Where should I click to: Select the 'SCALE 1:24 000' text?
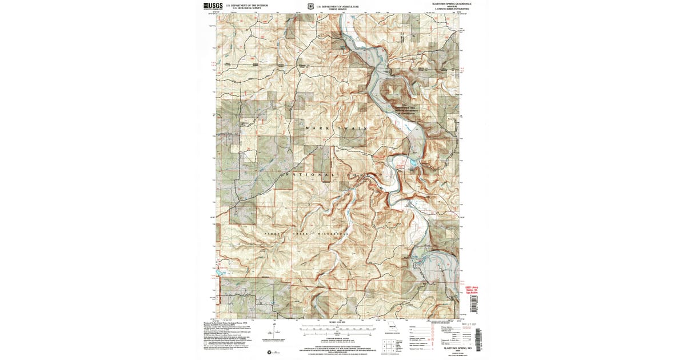[x=336, y=324]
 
